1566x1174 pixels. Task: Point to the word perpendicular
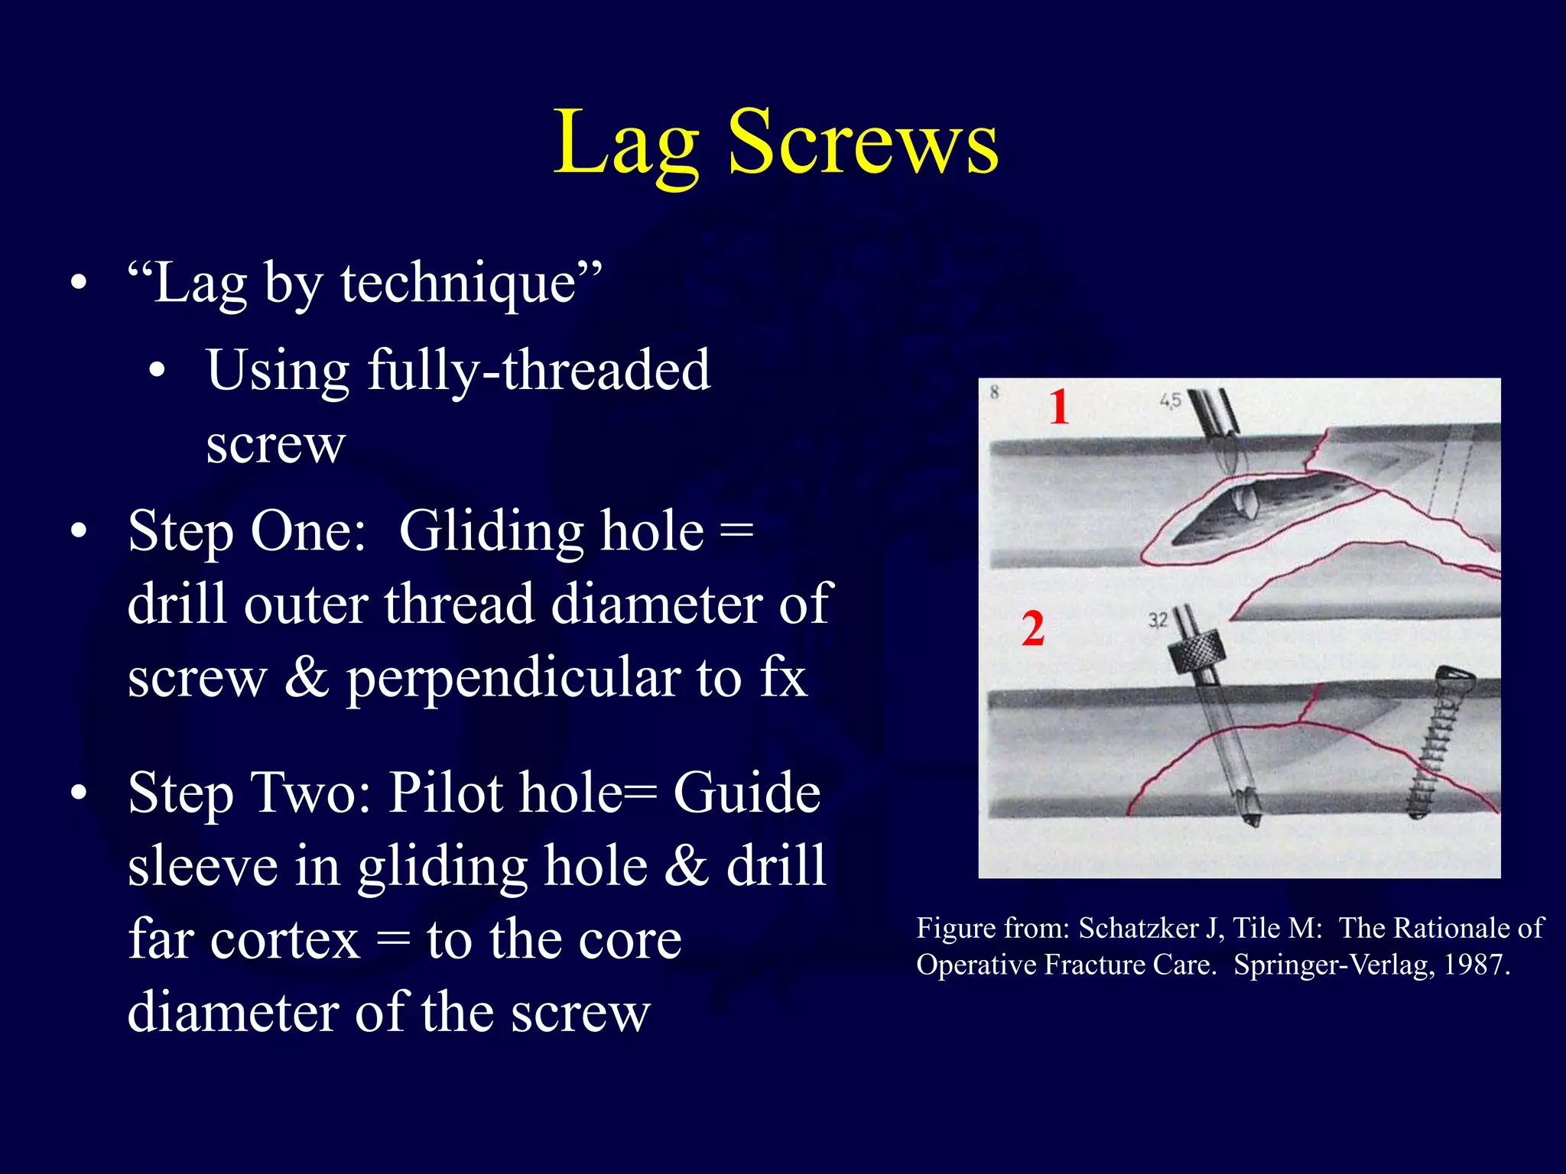tap(512, 678)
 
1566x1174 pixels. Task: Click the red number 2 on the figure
tap(1032, 629)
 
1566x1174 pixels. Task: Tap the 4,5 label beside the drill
tap(1170, 400)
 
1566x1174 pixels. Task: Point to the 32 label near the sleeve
tap(1157, 620)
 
